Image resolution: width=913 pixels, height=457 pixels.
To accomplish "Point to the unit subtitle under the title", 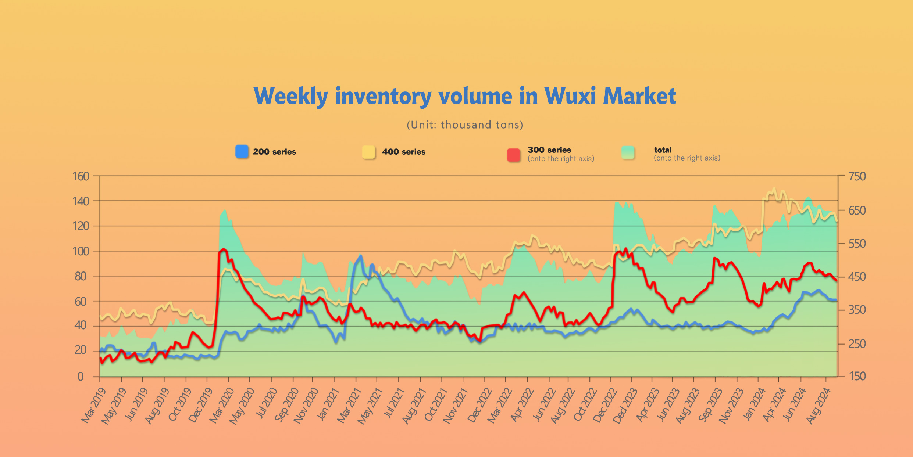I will click(465, 125).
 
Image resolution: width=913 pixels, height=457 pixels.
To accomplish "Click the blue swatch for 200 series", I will click(242, 152).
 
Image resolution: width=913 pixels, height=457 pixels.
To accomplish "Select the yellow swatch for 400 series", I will click(368, 152).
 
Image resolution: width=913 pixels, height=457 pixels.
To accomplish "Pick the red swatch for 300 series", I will click(513, 155).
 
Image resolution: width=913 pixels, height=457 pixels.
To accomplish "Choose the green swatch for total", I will click(628, 152).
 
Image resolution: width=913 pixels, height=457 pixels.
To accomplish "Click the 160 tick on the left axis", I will click(81, 176).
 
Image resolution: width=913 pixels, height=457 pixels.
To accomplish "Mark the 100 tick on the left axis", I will click(81, 251).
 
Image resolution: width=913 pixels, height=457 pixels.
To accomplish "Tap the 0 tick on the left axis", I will click(81, 377).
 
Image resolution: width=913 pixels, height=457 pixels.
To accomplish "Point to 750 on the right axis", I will click(857, 176).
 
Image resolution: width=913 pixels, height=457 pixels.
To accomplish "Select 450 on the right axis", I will click(857, 277).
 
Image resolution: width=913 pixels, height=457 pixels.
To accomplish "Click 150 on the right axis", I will click(857, 376).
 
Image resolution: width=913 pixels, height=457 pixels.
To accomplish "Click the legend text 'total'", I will click(663, 150).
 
